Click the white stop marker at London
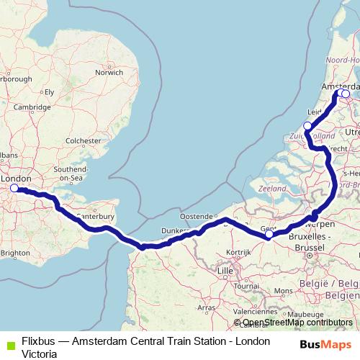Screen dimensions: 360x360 pyautogui.click(x=14, y=189)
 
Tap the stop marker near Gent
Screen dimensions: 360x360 pyautogui.click(x=269, y=234)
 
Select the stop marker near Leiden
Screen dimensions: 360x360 pyautogui.click(x=307, y=126)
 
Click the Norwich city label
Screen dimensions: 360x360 pyautogui.click(x=109, y=72)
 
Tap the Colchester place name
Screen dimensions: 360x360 pyautogui.click(x=83, y=141)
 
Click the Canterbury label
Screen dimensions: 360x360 pyautogui.click(x=96, y=215)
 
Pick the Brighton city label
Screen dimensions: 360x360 pyautogui.click(x=15, y=253)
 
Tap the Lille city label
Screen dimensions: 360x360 pyautogui.click(x=226, y=271)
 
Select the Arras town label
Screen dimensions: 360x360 pyautogui.click(x=207, y=307)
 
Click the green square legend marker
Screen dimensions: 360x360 pyautogui.click(x=9, y=344)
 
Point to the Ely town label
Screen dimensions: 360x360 pyautogui.click(x=50, y=91)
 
